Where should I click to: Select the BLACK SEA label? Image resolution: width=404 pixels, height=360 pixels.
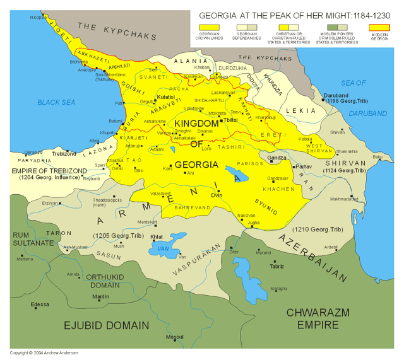coord(56,102)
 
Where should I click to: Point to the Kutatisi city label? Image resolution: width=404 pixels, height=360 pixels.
coord(165,98)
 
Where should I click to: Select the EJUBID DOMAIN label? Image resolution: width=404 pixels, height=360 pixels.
coord(106,325)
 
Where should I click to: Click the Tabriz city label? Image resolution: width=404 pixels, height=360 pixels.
coord(276,266)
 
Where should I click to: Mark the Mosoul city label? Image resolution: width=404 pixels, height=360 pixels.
coord(174,337)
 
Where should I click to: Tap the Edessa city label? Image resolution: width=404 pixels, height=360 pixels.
coord(40,305)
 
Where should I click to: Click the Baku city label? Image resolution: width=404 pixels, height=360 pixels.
coord(378,156)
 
